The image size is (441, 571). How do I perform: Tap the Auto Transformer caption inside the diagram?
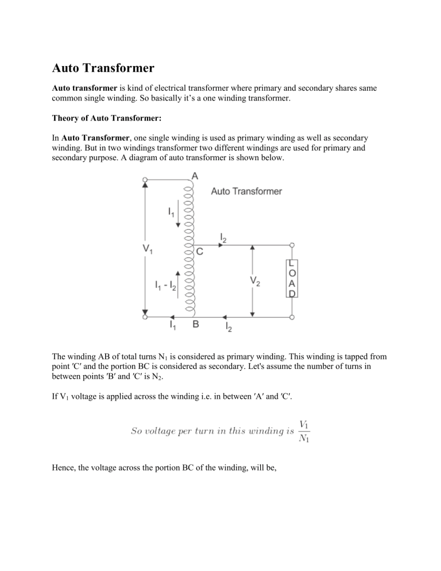[246, 191]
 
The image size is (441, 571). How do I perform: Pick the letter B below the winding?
[196, 325]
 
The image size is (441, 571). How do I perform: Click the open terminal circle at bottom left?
[145, 317]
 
